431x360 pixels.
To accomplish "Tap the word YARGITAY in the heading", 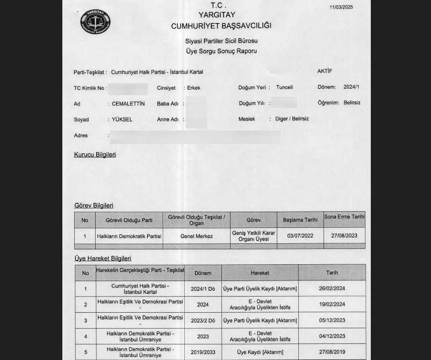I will coord(221,15).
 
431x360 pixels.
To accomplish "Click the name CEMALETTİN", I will coord(128,103).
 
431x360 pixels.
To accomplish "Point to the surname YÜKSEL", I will coord(122,119).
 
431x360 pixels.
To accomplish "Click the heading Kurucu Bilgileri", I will coord(95,155).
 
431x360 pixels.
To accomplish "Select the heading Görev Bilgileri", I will coord(94,205).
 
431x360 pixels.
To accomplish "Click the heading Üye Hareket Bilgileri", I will coord(103,258).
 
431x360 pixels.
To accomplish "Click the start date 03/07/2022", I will coord(300,236).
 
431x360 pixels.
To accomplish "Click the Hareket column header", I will coord(260,273).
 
